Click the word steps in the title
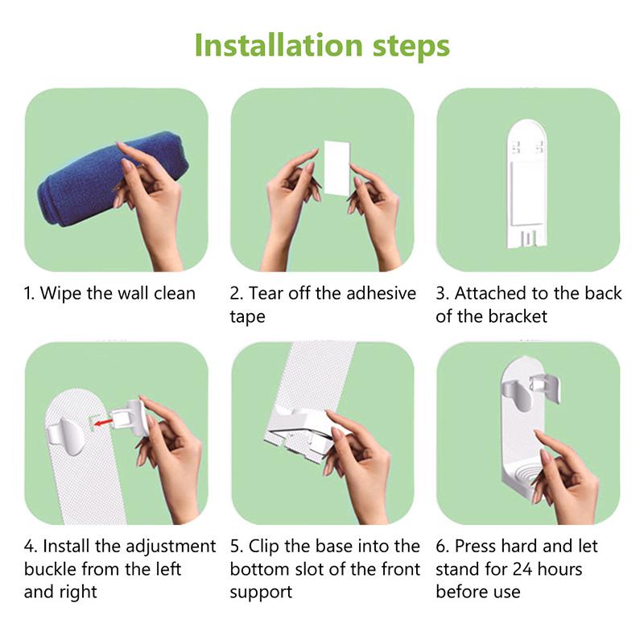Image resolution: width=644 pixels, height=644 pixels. click(407, 46)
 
